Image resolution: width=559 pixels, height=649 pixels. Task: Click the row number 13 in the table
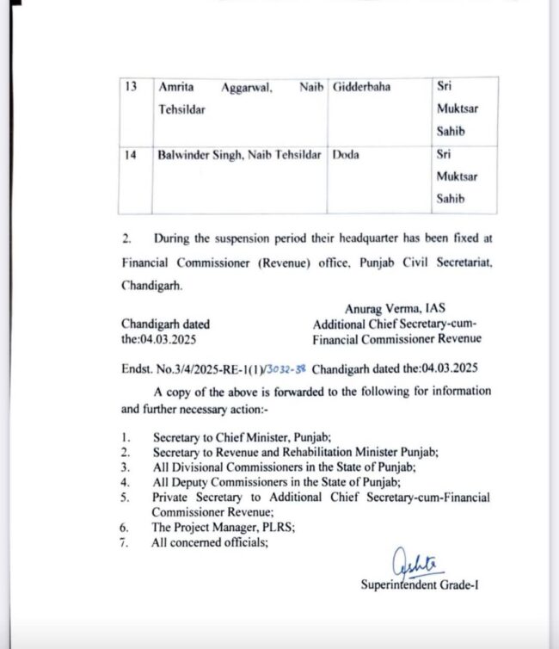(x=132, y=88)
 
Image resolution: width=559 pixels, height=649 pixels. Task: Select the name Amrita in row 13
(x=176, y=88)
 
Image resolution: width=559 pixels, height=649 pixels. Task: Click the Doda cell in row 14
(x=346, y=155)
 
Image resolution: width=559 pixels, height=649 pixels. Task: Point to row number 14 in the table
(x=132, y=155)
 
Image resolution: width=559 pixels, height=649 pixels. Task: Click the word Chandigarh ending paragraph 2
(x=152, y=284)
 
